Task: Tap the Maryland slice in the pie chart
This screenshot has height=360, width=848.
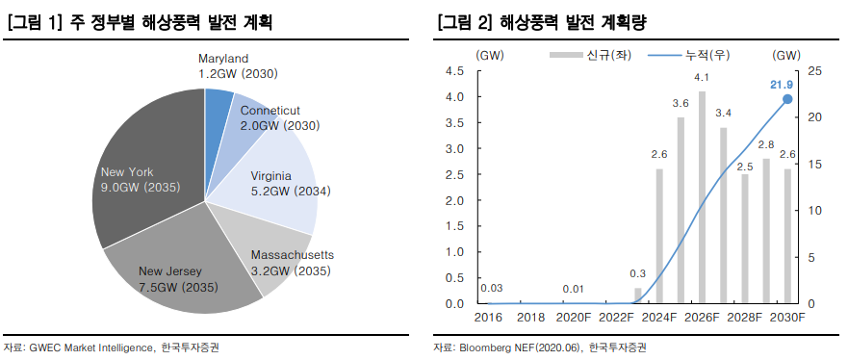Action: click(x=217, y=106)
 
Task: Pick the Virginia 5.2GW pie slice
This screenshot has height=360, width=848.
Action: click(x=279, y=183)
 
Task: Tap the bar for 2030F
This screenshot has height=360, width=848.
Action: click(x=787, y=236)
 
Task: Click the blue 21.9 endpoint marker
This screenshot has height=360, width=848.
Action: click(x=787, y=99)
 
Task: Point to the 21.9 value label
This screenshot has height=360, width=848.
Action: click(x=782, y=85)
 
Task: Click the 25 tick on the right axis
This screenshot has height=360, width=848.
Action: click(x=814, y=71)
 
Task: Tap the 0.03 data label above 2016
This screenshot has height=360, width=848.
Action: click(x=490, y=288)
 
